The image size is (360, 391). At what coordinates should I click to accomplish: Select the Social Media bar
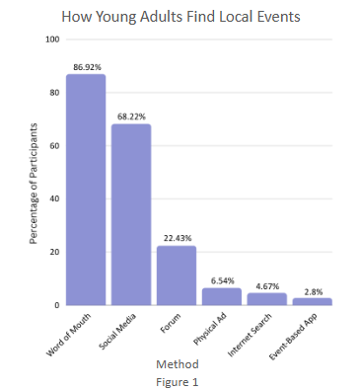131,214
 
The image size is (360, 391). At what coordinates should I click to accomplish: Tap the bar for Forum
177,275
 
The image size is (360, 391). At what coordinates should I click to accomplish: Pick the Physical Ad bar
221,296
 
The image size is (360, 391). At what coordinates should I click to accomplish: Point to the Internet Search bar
266,299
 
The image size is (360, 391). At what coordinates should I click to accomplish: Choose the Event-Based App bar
312,301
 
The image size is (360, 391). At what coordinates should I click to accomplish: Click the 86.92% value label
86,66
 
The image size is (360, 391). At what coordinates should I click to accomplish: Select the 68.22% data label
131,116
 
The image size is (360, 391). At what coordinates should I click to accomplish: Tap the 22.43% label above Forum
177,238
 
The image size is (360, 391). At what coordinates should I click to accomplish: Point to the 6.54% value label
221,280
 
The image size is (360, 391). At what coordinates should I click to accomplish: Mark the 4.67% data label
266,285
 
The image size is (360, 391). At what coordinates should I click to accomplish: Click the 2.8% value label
312,290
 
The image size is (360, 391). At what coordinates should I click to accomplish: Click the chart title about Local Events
180,17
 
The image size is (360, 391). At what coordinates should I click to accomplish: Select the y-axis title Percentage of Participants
34,185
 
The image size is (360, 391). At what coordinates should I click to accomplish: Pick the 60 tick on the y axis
53,146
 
